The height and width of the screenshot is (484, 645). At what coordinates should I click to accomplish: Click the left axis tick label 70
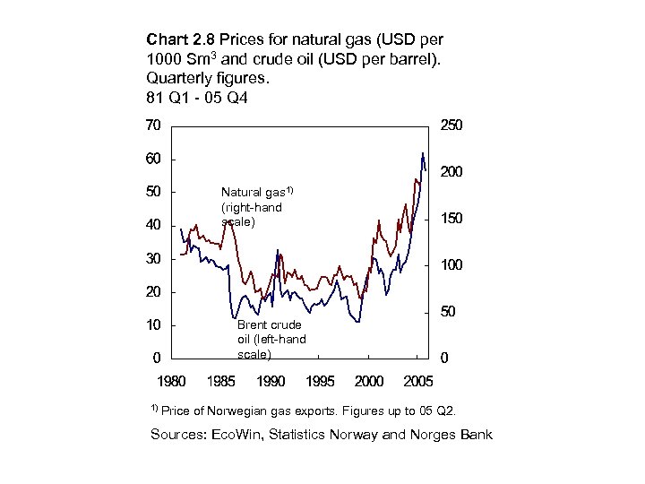[153, 125]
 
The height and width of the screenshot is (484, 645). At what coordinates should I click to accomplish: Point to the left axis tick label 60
[153, 159]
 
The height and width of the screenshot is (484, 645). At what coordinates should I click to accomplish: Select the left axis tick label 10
[153, 324]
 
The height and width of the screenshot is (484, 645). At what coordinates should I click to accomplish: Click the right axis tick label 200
[451, 172]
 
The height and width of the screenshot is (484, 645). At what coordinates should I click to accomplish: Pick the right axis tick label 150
[451, 219]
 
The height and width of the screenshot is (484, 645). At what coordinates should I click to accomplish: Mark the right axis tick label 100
[451, 265]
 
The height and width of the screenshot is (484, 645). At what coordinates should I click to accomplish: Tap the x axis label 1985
[220, 382]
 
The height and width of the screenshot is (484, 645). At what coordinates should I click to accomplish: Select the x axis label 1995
[320, 382]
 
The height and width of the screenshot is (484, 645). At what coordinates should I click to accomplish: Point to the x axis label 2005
[418, 382]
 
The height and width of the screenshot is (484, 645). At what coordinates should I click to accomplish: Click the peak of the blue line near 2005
[422, 153]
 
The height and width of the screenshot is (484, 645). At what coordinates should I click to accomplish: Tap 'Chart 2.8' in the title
[177, 40]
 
